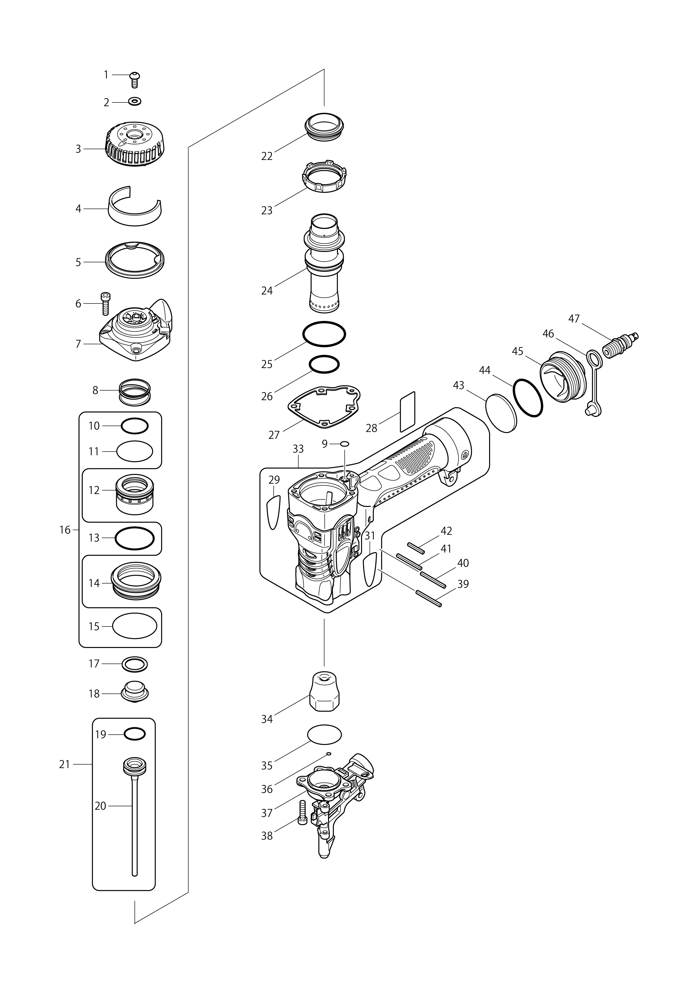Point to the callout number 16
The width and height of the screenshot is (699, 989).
tap(65, 530)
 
